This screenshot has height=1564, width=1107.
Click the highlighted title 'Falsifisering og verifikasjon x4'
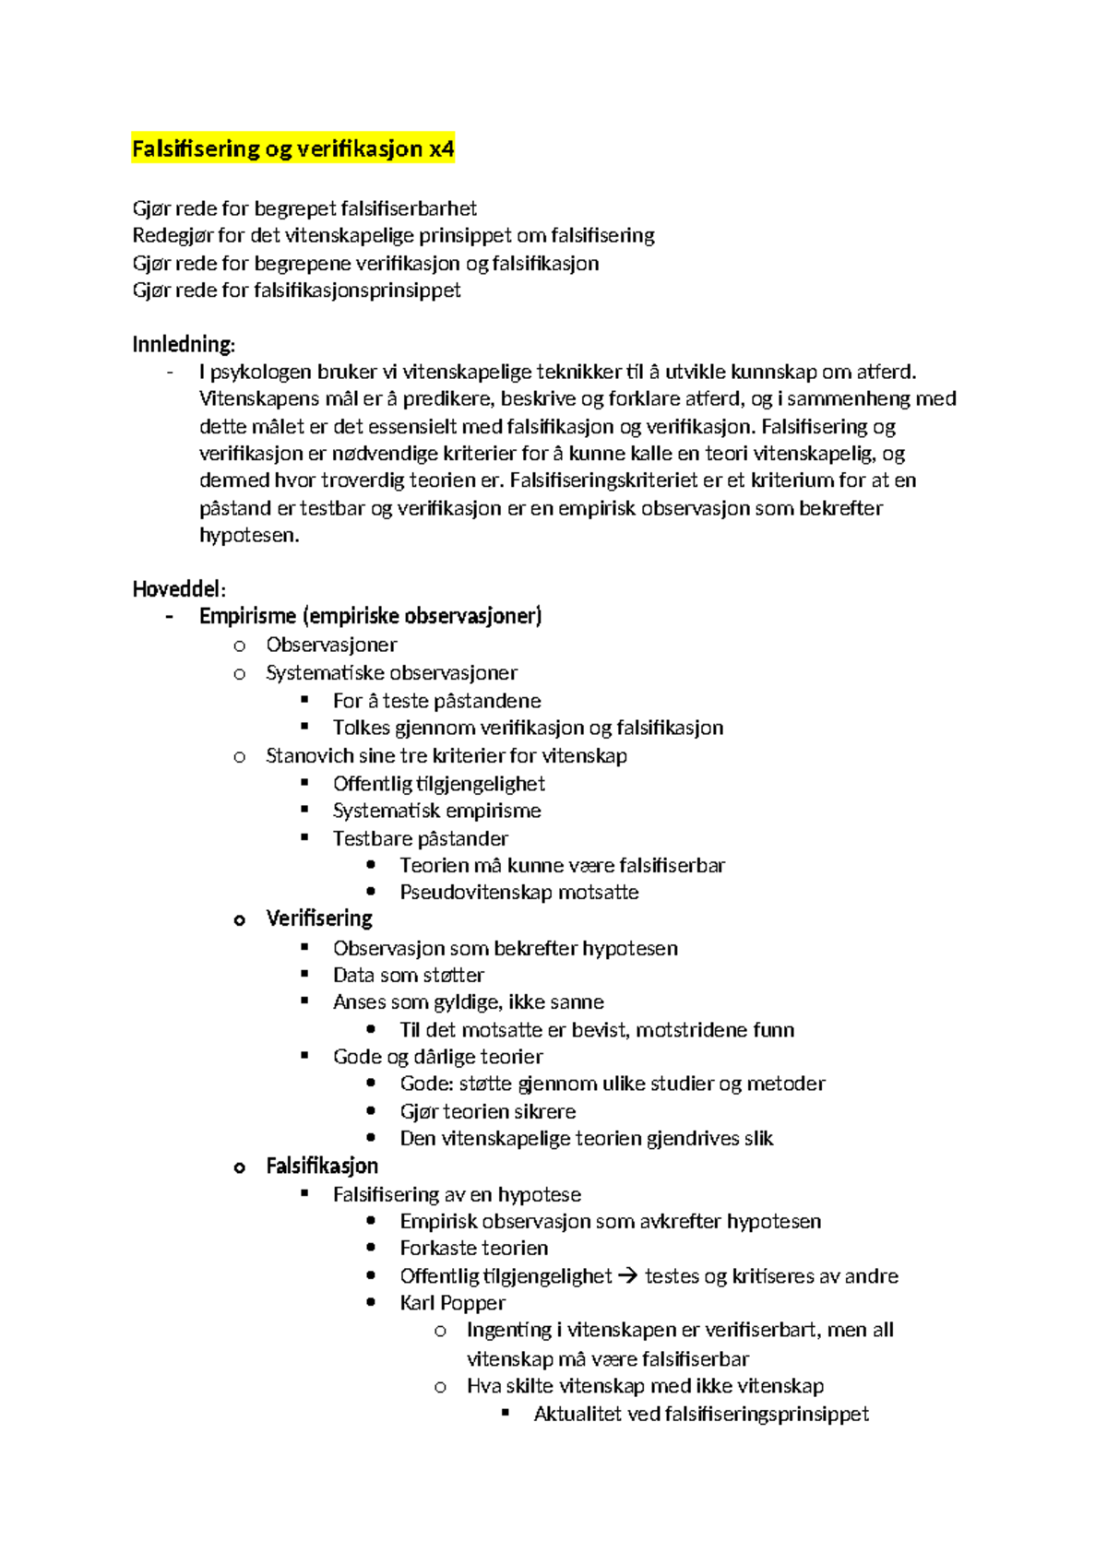point(292,148)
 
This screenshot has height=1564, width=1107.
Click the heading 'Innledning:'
point(184,344)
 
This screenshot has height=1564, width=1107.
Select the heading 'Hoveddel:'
point(179,588)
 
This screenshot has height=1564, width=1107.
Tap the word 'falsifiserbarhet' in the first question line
point(408,208)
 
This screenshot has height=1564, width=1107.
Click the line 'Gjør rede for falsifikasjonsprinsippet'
point(296,290)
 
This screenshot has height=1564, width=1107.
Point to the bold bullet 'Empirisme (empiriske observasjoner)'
point(370,616)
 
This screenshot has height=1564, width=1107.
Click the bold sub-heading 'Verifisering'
point(319,918)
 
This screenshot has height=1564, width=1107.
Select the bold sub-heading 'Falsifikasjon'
point(322,1166)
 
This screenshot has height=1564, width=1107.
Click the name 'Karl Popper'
point(452,1303)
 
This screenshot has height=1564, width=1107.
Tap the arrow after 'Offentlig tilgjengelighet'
point(628,1276)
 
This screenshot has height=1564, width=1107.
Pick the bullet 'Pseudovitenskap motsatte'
point(518,892)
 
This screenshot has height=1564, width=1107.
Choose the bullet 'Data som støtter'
point(408,975)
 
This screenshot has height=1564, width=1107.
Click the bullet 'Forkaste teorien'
point(473,1248)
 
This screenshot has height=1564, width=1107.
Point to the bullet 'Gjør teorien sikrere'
point(487,1111)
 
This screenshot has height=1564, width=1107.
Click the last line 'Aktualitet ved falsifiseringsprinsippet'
point(700,1414)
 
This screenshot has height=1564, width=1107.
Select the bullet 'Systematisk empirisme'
point(436,811)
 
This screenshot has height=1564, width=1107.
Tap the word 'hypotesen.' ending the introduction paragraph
point(249,535)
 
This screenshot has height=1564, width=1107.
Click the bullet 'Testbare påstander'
point(420,838)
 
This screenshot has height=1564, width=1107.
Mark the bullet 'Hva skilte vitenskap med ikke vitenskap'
point(645,1386)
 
